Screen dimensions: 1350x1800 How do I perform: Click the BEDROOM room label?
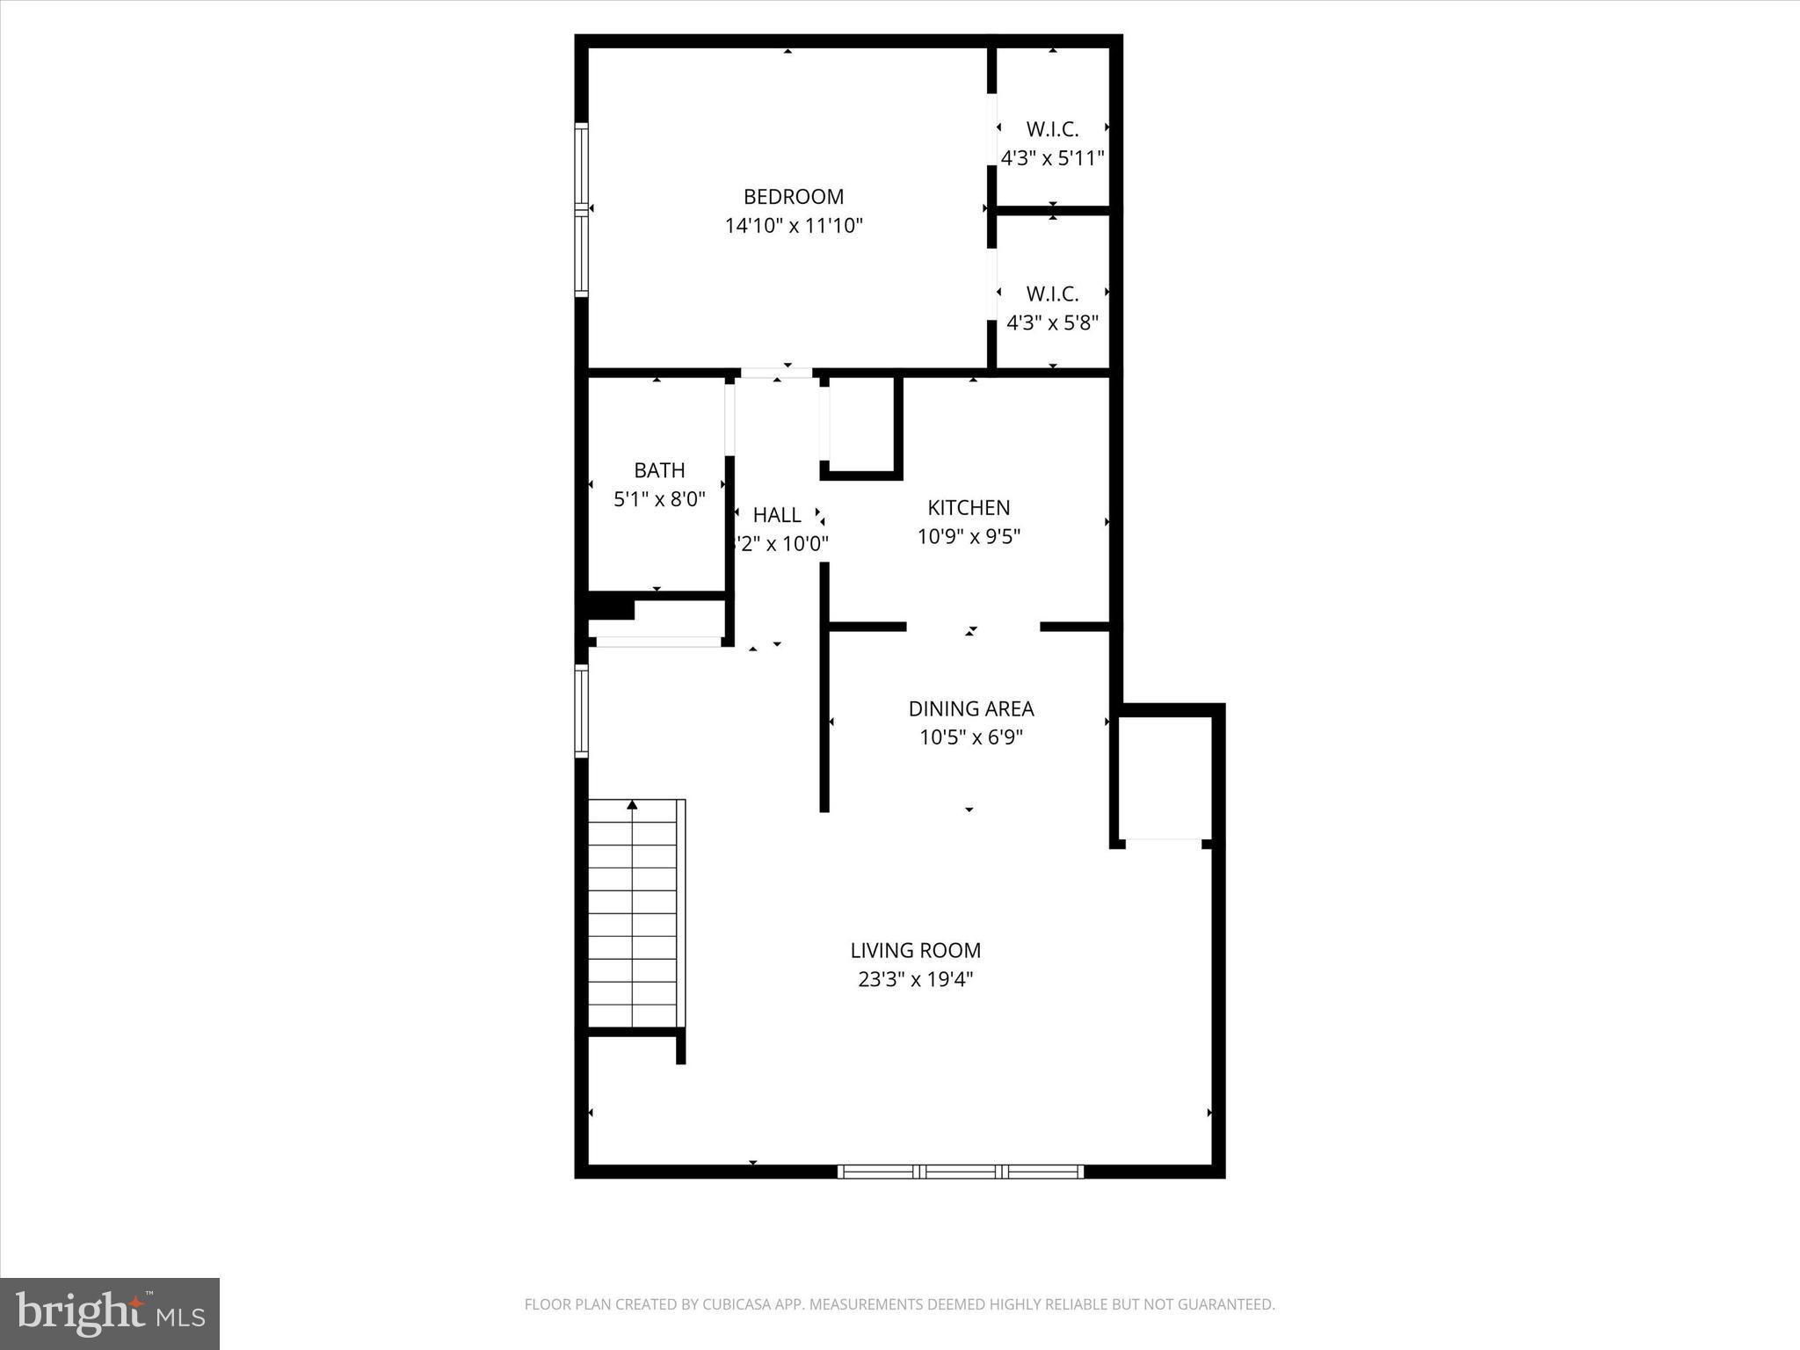(793, 197)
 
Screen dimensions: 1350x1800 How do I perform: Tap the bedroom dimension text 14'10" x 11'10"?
(793, 226)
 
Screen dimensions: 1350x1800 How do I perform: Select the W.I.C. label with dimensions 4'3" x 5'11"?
(1052, 130)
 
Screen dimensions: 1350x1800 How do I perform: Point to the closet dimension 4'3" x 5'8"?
(1052, 323)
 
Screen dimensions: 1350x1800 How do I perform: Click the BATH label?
(659, 470)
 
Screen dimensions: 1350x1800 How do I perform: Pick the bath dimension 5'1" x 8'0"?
(659, 499)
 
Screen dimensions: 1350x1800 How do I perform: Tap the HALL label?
(777, 515)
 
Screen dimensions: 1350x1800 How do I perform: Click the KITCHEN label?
(969, 507)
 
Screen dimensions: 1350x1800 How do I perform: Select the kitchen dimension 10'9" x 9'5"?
(969, 536)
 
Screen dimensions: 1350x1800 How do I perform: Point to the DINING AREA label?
(970, 708)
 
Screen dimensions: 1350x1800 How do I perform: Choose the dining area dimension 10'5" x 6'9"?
(970, 737)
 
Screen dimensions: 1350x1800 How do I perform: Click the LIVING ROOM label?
(915, 950)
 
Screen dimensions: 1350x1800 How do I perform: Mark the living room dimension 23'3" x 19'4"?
(915, 979)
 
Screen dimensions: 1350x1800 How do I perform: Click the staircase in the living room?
(633, 914)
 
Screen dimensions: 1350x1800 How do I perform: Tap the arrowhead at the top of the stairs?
(632, 804)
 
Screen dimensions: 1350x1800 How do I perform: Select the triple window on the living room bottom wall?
(960, 1171)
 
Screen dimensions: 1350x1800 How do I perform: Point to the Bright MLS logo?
(110, 1313)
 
